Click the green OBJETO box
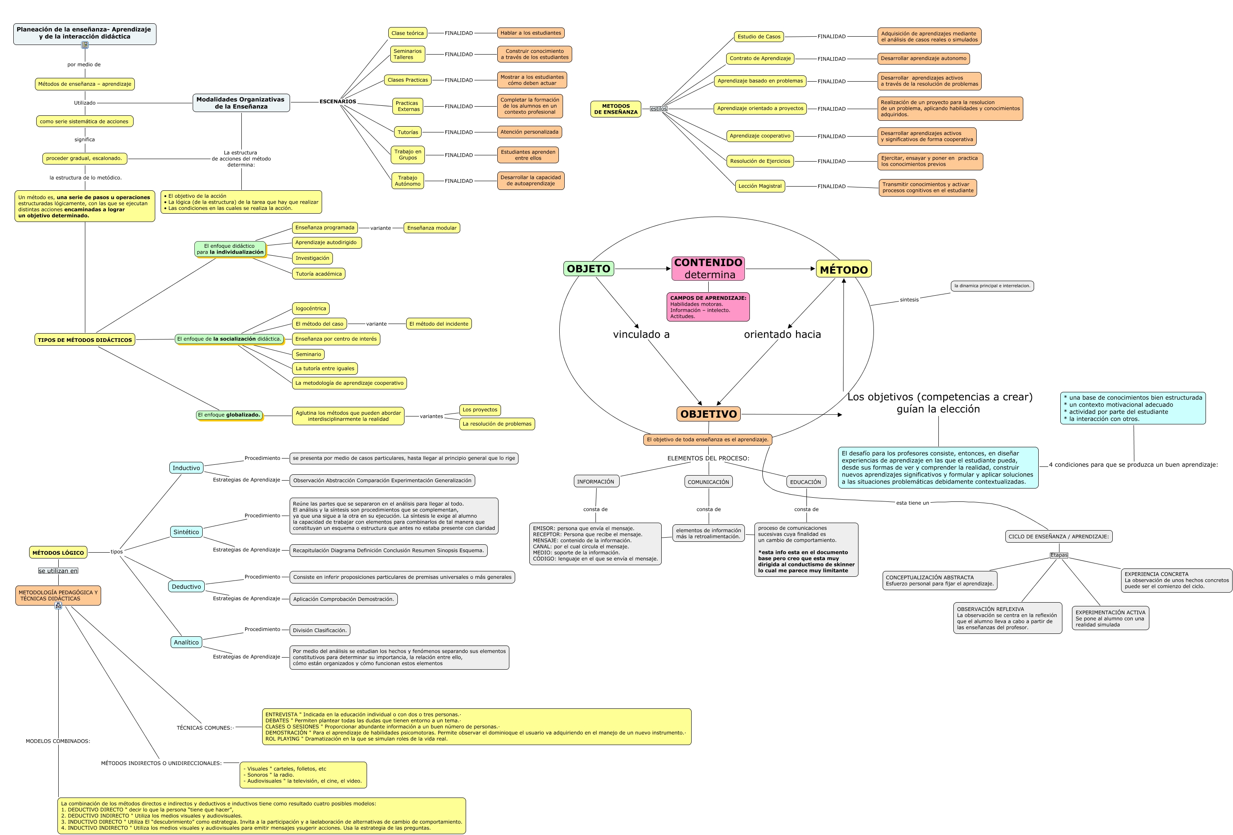(x=588, y=269)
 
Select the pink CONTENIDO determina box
(x=708, y=269)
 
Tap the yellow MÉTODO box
(x=844, y=269)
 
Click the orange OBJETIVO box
(x=708, y=414)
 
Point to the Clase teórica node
(x=407, y=33)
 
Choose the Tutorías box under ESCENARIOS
(x=408, y=132)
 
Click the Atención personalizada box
(x=529, y=132)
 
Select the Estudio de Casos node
(x=759, y=37)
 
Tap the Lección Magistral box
(x=760, y=186)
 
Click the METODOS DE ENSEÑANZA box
(x=616, y=109)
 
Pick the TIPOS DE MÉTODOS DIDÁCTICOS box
(x=85, y=340)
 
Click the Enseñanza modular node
(x=432, y=228)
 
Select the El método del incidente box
(x=439, y=324)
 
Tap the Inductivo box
(x=186, y=468)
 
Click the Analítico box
(x=186, y=642)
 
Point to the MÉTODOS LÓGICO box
(x=58, y=553)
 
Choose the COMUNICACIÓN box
(x=708, y=482)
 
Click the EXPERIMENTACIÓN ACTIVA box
(x=1110, y=618)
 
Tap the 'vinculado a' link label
(x=641, y=334)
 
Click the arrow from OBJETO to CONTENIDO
(x=643, y=269)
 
